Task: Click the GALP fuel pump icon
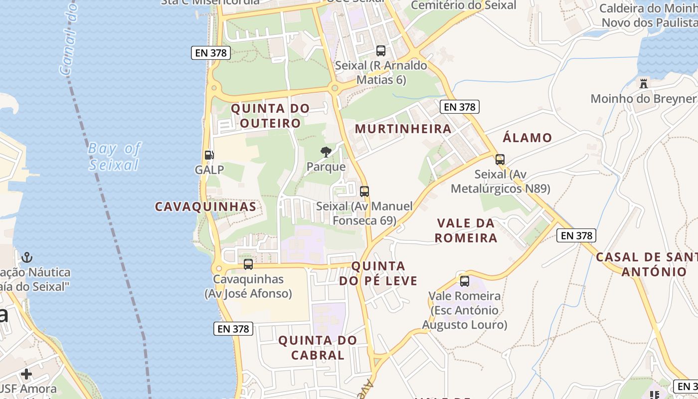point(209,155)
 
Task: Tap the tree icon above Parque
point(326,152)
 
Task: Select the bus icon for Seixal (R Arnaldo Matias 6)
point(381,50)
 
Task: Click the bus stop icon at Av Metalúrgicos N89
point(500,160)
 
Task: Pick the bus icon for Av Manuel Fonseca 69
point(364,191)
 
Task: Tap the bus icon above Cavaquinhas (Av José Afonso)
point(248,264)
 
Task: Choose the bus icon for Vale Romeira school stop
point(465,281)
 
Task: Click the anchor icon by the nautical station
point(27,257)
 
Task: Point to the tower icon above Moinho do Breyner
point(644,83)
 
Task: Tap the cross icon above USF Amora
point(26,374)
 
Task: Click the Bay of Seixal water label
point(115,156)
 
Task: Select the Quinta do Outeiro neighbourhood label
point(270,116)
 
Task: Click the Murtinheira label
point(403,129)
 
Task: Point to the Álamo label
point(527,138)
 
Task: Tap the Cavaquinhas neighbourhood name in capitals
point(205,206)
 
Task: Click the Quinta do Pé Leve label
point(378,273)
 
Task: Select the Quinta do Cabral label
point(318,348)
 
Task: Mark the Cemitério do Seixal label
point(463,5)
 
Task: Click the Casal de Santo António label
point(647,264)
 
